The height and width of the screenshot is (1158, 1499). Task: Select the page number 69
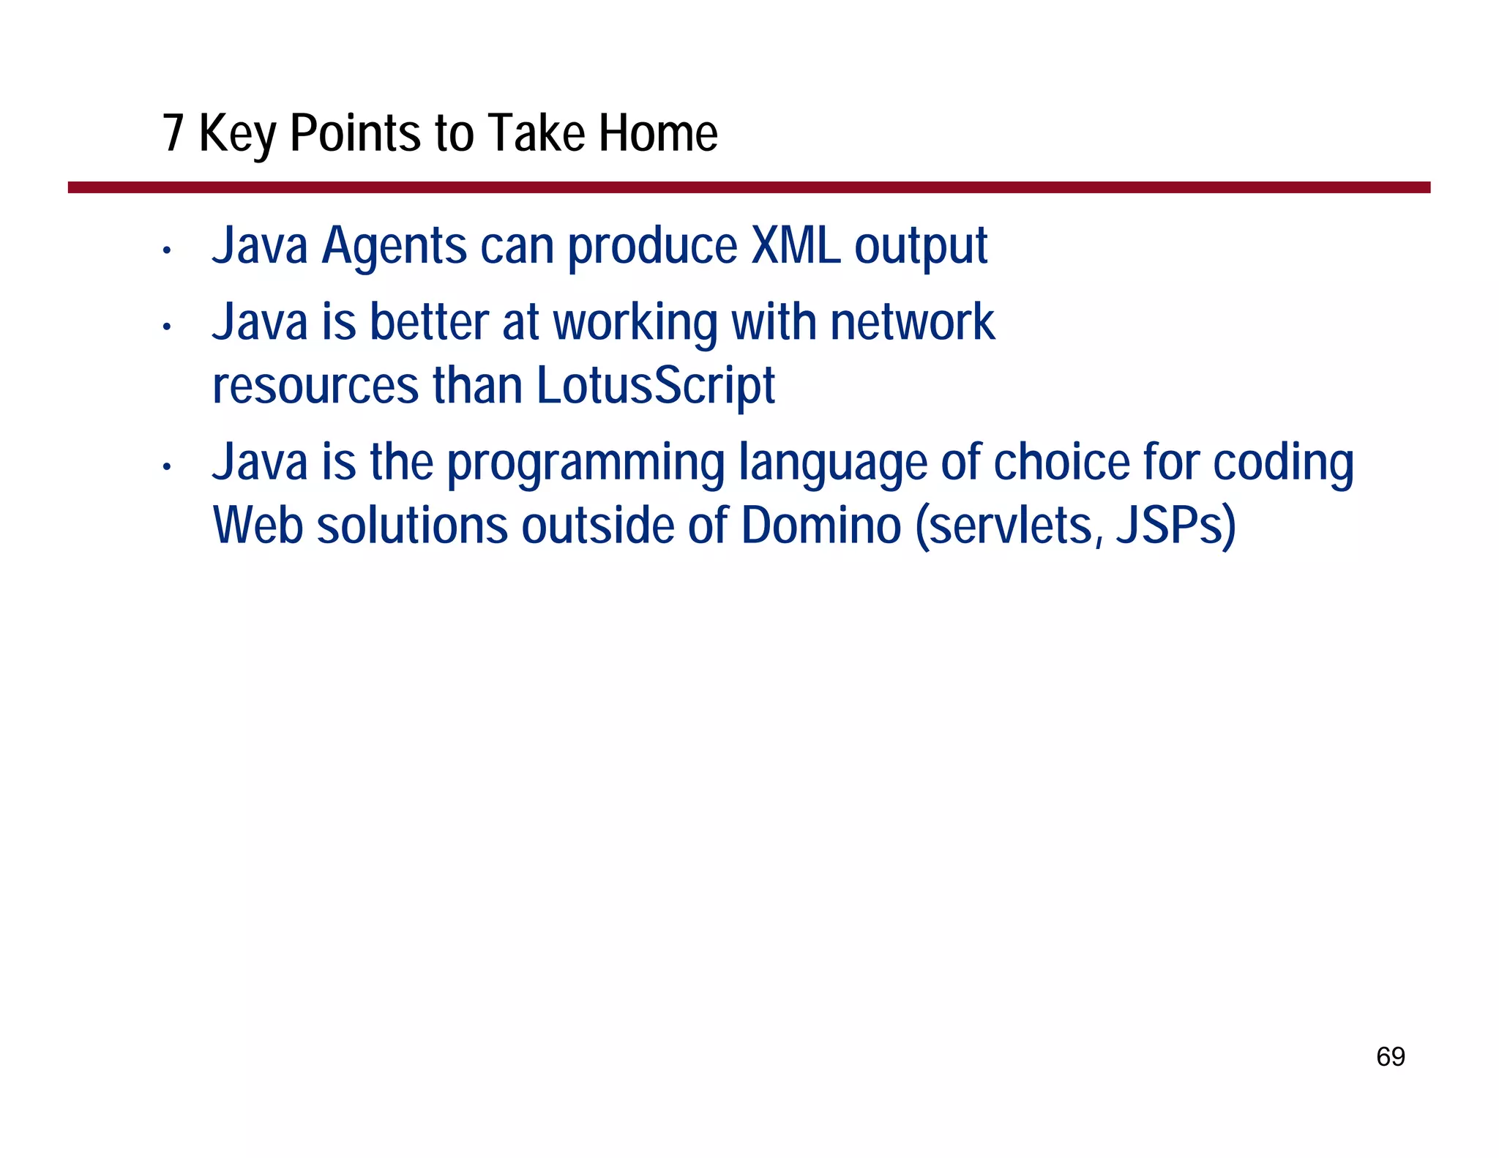tap(1390, 1056)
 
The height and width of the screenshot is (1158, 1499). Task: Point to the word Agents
tap(394, 247)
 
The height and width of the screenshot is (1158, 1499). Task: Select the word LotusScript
tap(655, 386)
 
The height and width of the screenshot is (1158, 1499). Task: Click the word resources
tap(315, 386)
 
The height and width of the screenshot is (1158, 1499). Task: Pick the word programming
tap(586, 464)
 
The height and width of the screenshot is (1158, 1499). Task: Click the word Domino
tap(820, 526)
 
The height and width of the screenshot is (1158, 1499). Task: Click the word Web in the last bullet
tap(258, 526)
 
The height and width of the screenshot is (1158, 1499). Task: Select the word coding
tap(1283, 464)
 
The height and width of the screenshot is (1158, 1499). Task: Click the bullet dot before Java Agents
tap(167, 251)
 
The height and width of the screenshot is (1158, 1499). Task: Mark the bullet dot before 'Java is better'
tap(167, 327)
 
